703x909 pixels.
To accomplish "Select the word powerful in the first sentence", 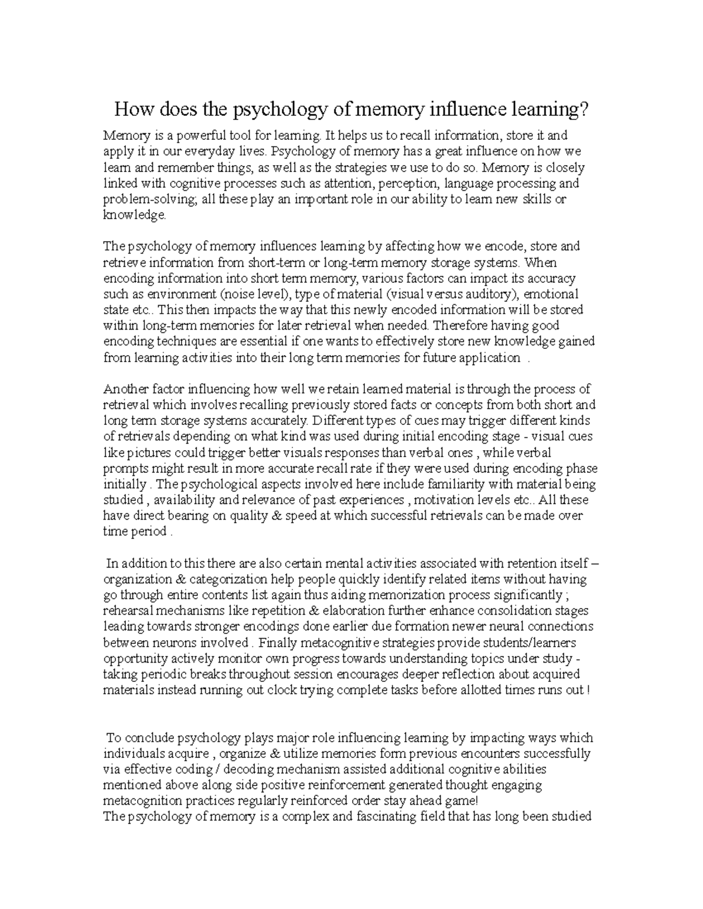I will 165,136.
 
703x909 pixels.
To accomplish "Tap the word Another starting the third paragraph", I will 124,389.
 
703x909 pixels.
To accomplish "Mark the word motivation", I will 439,500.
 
